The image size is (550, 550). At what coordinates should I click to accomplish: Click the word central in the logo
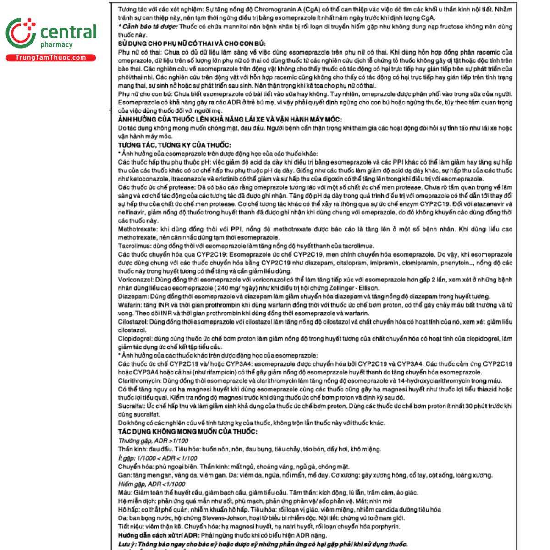click(x=68, y=32)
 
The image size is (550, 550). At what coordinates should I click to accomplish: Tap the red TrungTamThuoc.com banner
click(x=51, y=58)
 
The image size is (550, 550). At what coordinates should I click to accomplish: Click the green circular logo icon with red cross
click(x=20, y=34)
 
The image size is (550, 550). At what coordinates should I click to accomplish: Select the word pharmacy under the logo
click(x=56, y=45)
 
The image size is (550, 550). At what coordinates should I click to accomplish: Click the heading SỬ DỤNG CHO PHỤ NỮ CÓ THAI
click(x=192, y=44)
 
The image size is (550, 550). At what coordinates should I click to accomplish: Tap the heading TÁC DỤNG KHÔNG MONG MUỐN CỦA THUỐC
click(x=187, y=432)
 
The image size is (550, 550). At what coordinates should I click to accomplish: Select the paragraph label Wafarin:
click(x=130, y=305)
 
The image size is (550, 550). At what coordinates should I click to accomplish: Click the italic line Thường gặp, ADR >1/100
click(x=143, y=440)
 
